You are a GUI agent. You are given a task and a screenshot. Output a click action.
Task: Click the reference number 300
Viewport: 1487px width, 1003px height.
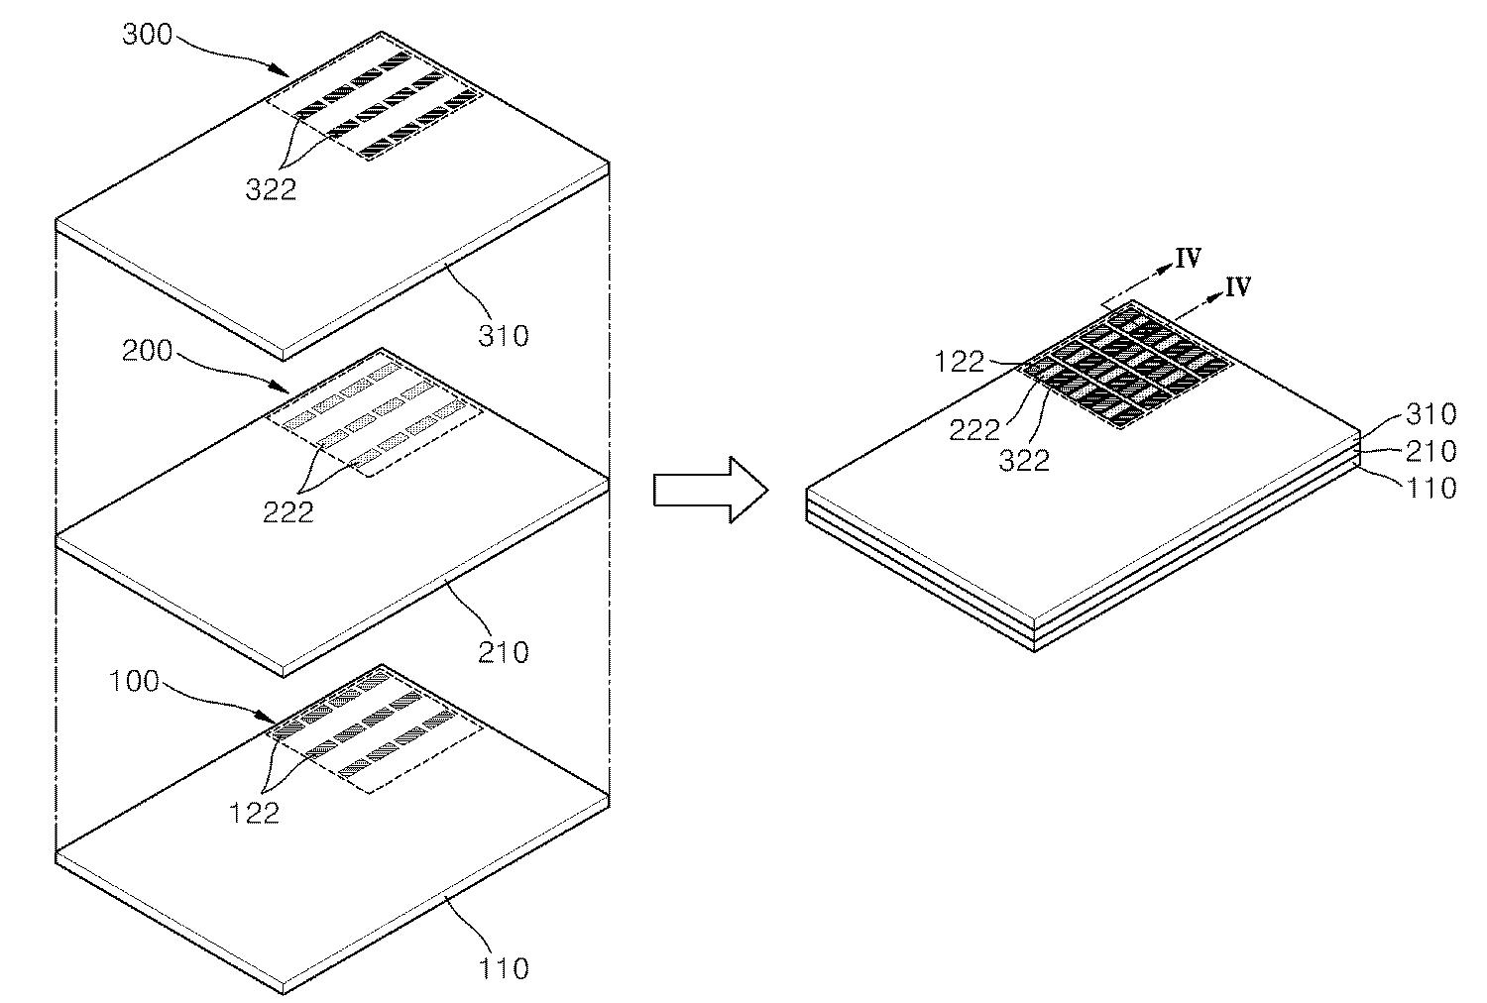click(147, 35)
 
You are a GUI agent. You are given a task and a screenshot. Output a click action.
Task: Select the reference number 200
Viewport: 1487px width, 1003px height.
click(147, 351)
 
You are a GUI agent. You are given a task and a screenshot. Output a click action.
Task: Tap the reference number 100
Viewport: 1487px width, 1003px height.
click(134, 683)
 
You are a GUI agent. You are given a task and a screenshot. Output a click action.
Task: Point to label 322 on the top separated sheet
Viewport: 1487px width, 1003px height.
click(271, 189)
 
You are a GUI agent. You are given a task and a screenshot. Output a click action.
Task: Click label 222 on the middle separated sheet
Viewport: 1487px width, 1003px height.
click(287, 511)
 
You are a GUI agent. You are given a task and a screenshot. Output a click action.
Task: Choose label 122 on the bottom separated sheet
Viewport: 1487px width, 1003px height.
click(255, 813)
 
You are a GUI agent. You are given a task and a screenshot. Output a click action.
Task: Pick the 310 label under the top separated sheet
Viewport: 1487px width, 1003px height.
click(504, 336)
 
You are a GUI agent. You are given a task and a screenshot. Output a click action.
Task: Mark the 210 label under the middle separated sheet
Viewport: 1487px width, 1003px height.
click(504, 652)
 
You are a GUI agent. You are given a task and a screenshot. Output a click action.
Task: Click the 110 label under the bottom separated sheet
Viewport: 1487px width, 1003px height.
click(504, 967)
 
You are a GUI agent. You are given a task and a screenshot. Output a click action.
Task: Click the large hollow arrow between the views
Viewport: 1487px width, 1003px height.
click(710, 490)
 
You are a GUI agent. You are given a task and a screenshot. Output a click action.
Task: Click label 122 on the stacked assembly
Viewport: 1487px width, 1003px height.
click(961, 362)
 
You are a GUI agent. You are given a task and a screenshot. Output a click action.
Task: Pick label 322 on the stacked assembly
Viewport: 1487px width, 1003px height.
click(1024, 460)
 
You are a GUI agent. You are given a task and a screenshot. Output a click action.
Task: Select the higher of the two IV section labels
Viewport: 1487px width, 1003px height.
click(1189, 259)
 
